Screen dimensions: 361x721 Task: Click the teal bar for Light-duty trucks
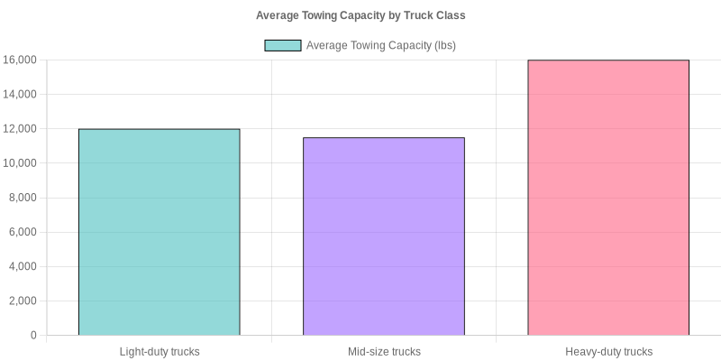[159, 232]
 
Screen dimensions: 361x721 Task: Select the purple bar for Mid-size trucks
[384, 236]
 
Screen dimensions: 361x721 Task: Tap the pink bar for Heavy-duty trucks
[608, 198]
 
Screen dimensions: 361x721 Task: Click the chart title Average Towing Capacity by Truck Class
[360, 15]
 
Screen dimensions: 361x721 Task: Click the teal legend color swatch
[282, 45]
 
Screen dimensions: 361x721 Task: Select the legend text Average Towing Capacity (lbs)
[381, 45]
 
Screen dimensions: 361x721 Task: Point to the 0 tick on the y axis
[33, 336]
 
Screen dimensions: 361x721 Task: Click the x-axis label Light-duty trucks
[160, 351]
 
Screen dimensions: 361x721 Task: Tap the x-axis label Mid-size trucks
[384, 351]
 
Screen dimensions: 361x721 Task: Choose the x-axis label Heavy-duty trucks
[608, 351]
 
